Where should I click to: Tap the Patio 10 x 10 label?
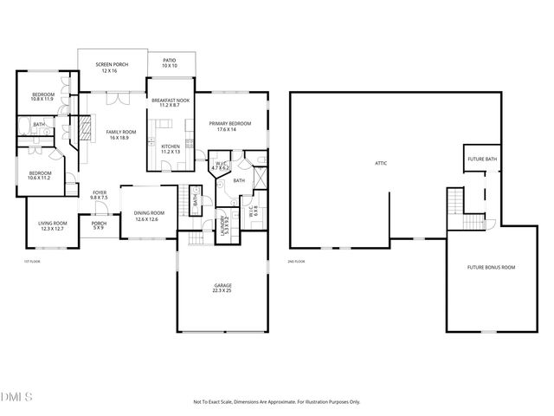pos(169,63)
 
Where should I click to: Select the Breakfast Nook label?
pos(171,103)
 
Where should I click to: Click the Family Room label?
pos(119,134)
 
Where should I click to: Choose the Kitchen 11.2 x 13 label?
pos(171,149)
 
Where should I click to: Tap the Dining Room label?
pos(149,215)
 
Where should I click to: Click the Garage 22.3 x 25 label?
pos(222,288)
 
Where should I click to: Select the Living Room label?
pos(51,226)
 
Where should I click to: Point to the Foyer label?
pos(99,195)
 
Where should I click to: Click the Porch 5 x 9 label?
pos(99,226)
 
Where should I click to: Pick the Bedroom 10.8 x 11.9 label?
pos(43,96)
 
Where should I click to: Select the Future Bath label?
pos(481,159)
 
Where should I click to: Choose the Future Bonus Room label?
pos(493,268)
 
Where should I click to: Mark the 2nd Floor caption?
pos(296,261)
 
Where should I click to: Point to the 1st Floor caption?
pos(32,261)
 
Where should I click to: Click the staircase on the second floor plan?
pos(454,205)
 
